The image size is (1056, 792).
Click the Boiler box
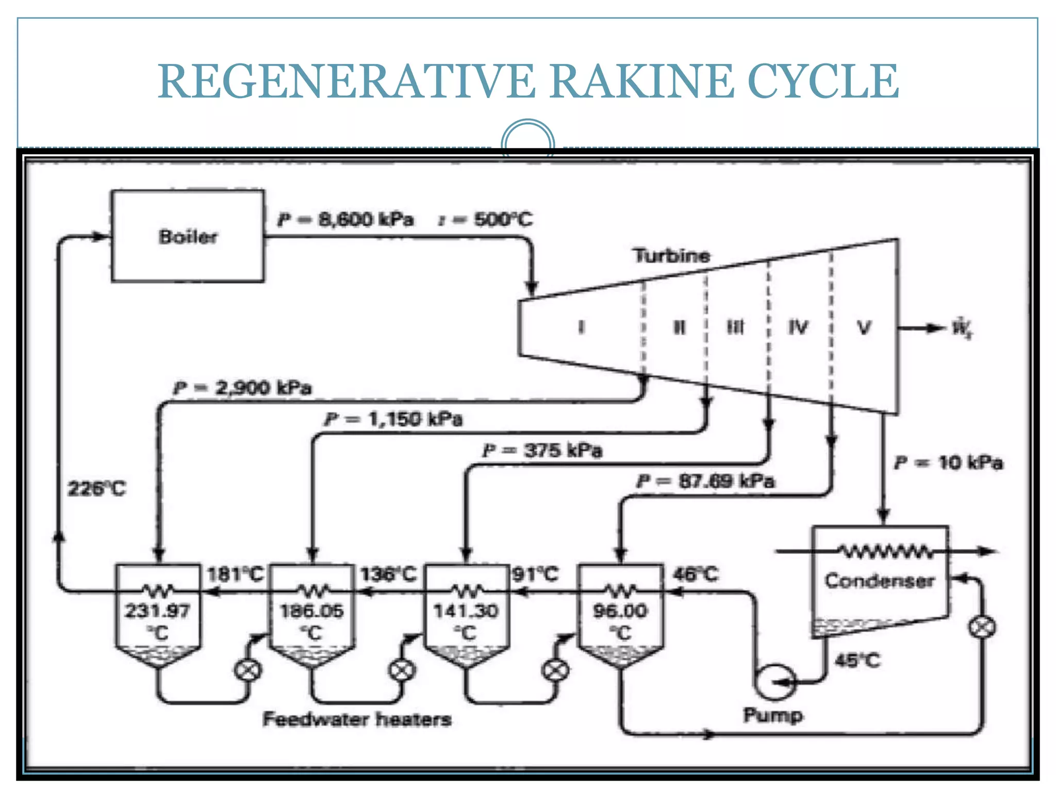[x=188, y=236]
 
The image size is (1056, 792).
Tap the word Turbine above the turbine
[x=672, y=255]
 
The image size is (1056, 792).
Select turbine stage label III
[x=736, y=327]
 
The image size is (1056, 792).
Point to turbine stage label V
[x=864, y=327]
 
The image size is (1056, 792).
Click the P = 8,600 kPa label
[x=346, y=220]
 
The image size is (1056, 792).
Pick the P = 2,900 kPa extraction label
[x=243, y=387]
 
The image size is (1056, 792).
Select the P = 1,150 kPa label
[x=393, y=419]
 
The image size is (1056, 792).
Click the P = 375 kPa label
[x=542, y=450]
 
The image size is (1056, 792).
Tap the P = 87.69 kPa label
[x=705, y=481]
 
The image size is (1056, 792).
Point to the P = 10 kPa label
[x=949, y=462]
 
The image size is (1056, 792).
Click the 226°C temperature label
[x=96, y=488]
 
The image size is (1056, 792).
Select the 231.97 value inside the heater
[x=157, y=611]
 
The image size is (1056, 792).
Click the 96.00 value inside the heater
[x=620, y=611]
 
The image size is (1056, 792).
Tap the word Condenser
[x=879, y=581]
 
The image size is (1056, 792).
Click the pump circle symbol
[x=774, y=682]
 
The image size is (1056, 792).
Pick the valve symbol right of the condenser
[x=982, y=628]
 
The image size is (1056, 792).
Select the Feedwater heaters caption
[x=357, y=719]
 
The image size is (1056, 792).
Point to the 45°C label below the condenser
[x=857, y=661]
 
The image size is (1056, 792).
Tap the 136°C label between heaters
[x=388, y=574]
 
